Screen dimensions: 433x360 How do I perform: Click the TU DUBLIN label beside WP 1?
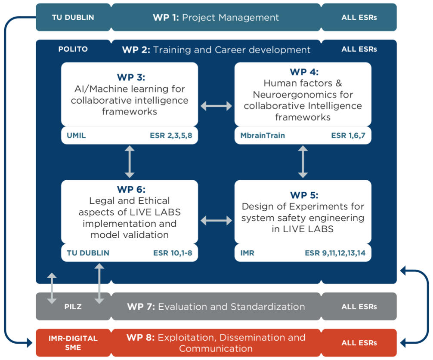(73, 17)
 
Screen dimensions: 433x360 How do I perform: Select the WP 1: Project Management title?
(216, 17)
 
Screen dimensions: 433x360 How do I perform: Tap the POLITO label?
(73, 49)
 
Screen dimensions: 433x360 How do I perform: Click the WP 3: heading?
(131, 77)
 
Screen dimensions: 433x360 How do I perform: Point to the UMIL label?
(76, 135)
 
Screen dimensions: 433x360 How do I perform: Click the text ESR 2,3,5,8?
(171, 136)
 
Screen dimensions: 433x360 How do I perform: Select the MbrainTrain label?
(263, 135)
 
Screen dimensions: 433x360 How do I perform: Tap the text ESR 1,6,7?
(348, 136)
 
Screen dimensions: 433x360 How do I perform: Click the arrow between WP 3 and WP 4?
(216, 106)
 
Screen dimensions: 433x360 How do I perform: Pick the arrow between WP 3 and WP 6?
(130, 162)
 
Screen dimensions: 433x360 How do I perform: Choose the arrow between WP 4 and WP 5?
(303, 162)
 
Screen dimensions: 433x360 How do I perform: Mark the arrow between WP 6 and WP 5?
(216, 220)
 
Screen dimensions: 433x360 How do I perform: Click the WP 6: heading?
(131, 190)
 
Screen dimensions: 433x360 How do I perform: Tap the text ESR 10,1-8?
(173, 253)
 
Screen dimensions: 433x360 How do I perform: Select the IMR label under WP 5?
(247, 253)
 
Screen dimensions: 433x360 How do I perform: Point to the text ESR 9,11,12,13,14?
(335, 253)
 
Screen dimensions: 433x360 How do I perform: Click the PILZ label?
(73, 307)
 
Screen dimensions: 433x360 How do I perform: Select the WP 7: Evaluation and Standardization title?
(216, 307)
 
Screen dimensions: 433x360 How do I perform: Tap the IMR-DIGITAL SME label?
(73, 343)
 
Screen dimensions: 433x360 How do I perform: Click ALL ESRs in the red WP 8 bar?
(359, 343)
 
